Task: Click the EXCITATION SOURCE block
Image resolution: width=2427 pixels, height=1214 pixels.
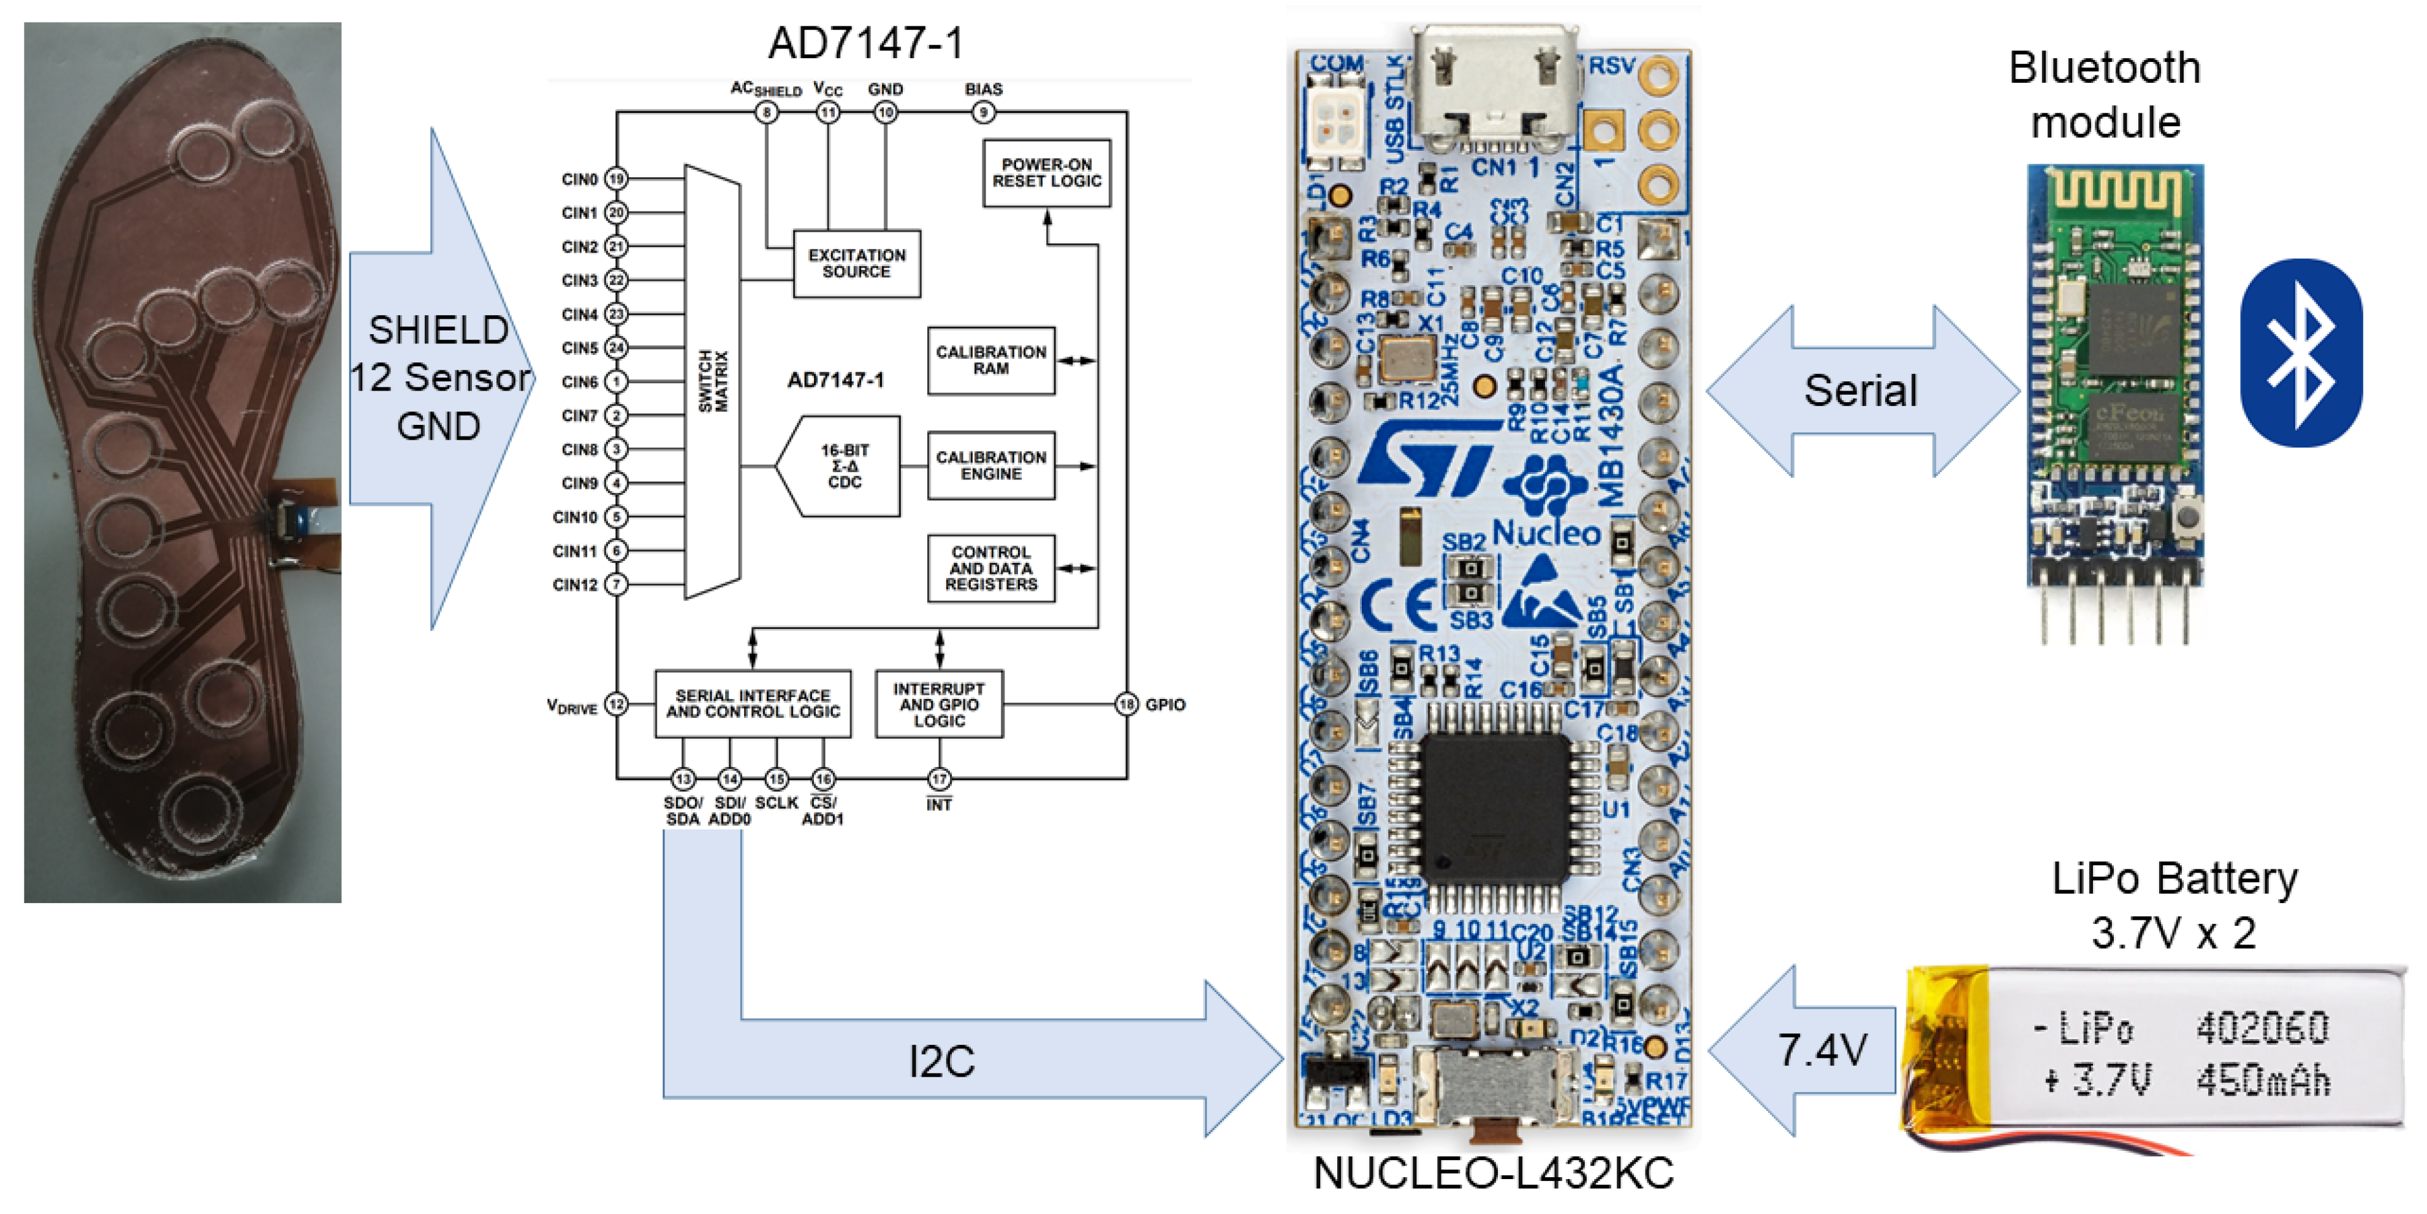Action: (856, 264)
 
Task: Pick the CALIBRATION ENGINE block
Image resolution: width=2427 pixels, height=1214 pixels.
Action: (990, 465)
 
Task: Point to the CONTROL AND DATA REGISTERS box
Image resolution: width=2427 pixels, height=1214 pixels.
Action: (990, 568)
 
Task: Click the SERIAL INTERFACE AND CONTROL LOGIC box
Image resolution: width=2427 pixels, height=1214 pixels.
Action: (753, 704)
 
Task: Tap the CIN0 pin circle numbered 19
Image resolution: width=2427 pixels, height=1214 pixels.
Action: (616, 179)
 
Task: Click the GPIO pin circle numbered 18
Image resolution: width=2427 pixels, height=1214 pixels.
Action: (1126, 704)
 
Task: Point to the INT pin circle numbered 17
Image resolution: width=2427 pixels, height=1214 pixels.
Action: (940, 779)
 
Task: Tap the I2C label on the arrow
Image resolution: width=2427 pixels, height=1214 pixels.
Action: (941, 1061)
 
